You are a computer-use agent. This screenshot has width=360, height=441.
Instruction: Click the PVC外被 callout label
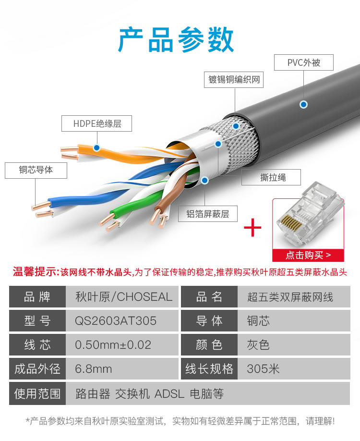click(x=303, y=62)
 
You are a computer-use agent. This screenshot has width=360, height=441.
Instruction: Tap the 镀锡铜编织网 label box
click(x=234, y=80)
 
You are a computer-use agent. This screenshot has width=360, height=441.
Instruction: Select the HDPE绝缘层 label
click(x=96, y=123)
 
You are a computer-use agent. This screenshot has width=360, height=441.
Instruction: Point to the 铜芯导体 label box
click(x=36, y=170)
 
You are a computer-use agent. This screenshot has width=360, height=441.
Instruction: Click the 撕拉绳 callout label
click(x=271, y=177)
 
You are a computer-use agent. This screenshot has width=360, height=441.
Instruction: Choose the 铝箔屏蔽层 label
click(x=208, y=214)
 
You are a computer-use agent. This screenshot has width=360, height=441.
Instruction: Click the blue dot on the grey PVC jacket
click(x=303, y=105)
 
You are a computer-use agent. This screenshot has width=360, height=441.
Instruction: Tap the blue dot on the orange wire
click(x=96, y=147)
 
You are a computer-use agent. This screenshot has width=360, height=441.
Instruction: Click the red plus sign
click(x=252, y=227)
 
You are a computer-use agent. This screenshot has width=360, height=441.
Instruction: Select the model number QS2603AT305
click(x=116, y=321)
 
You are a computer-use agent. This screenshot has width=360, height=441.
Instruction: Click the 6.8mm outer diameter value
click(x=93, y=369)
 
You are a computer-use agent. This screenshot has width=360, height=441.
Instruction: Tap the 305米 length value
click(x=263, y=369)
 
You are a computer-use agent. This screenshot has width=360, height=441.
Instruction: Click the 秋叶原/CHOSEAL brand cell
click(x=122, y=297)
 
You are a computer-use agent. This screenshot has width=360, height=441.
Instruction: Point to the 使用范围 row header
click(x=37, y=393)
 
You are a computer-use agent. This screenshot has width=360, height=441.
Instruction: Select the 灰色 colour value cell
click(x=294, y=345)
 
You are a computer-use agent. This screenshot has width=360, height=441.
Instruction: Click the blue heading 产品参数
click(x=176, y=40)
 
